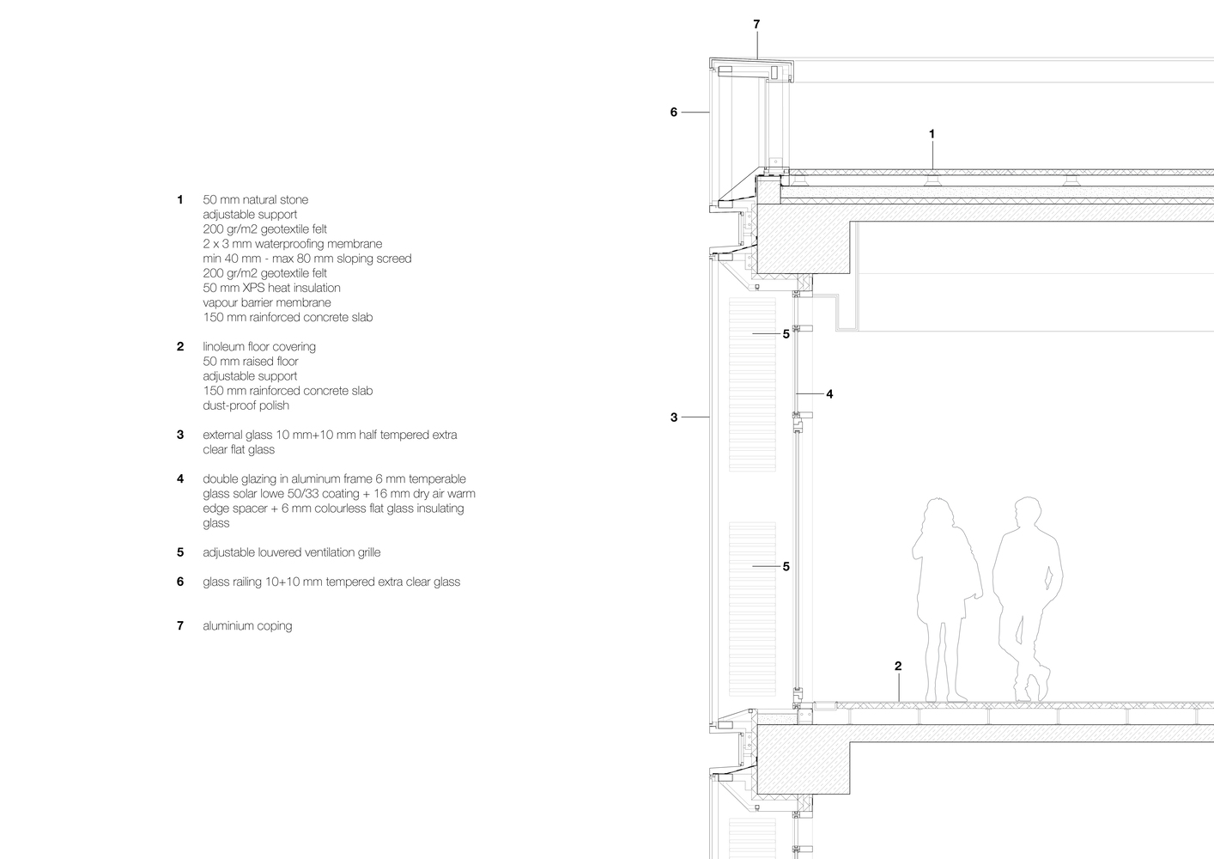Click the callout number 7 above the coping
756,24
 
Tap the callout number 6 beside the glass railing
674,113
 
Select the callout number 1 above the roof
932,134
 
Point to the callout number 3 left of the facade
674,417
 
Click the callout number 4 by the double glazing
829,394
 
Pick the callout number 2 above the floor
898,666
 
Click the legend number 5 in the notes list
180,552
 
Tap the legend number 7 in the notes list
180,626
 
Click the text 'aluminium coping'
247,626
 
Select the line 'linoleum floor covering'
259,347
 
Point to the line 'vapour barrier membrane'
267,302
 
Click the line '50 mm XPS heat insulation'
271,288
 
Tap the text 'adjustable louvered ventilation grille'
292,552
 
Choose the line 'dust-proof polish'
246,405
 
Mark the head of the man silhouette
1027,511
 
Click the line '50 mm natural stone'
255,200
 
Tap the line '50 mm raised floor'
251,362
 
